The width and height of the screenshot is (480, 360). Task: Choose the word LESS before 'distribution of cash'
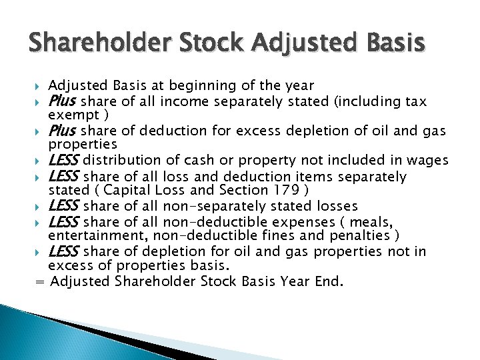pyautogui.click(x=64, y=160)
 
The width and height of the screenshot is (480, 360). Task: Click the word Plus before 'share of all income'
pyautogui.click(x=63, y=101)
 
